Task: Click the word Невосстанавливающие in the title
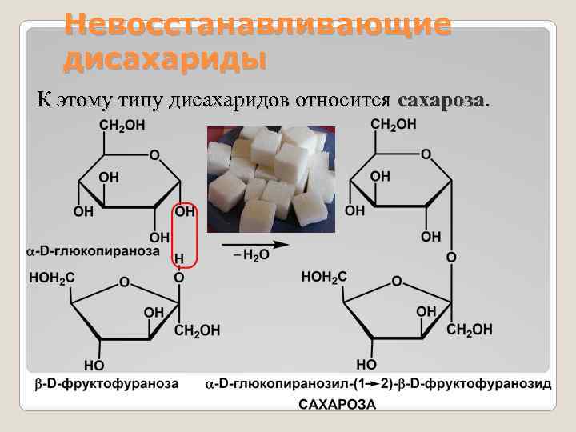(258, 24)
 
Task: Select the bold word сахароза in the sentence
(441, 101)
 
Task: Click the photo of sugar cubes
(270, 179)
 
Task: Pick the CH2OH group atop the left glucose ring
(122, 126)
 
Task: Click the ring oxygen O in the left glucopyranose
(154, 154)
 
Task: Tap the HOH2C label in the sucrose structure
(324, 277)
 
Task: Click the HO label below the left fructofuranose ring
(94, 366)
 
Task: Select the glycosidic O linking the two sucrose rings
(451, 258)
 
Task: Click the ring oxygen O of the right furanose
(397, 282)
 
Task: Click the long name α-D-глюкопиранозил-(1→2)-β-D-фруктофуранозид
(378, 384)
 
